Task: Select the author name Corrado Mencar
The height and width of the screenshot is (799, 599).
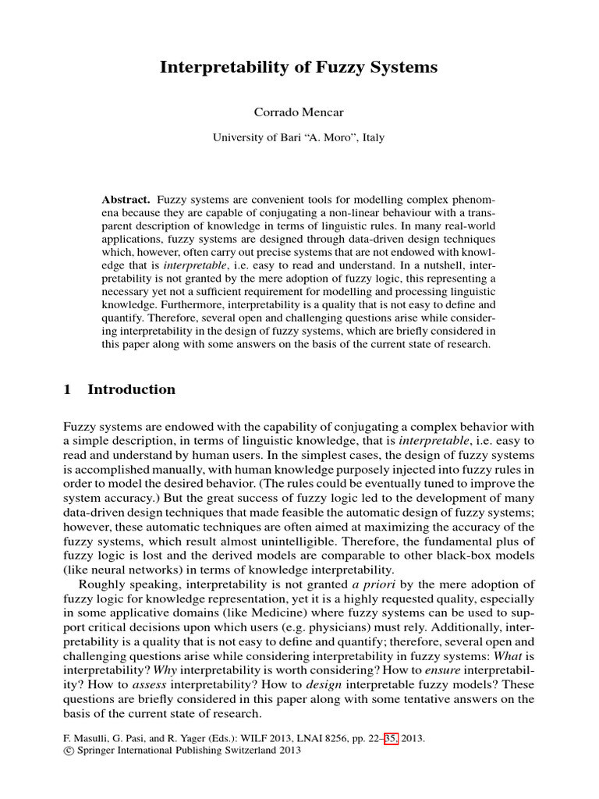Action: click(x=299, y=112)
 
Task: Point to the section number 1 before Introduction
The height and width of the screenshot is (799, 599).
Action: click(x=67, y=389)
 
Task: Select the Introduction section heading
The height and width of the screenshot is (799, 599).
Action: click(x=132, y=389)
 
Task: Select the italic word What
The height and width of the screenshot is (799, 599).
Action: click(x=509, y=655)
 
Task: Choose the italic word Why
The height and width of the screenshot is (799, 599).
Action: click(x=165, y=669)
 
